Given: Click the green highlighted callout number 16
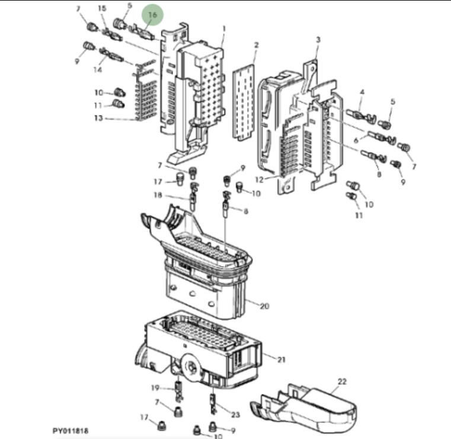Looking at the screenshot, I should [x=152, y=14].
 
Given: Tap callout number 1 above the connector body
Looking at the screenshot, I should [x=224, y=28].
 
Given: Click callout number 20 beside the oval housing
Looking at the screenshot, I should [x=264, y=306].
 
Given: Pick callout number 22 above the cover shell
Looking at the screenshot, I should [x=342, y=382].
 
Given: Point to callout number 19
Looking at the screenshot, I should [x=155, y=388].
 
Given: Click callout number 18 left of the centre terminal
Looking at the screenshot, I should [x=158, y=196].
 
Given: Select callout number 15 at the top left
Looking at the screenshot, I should [x=102, y=9].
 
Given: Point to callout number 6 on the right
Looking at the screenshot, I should [x=357, y=140].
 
